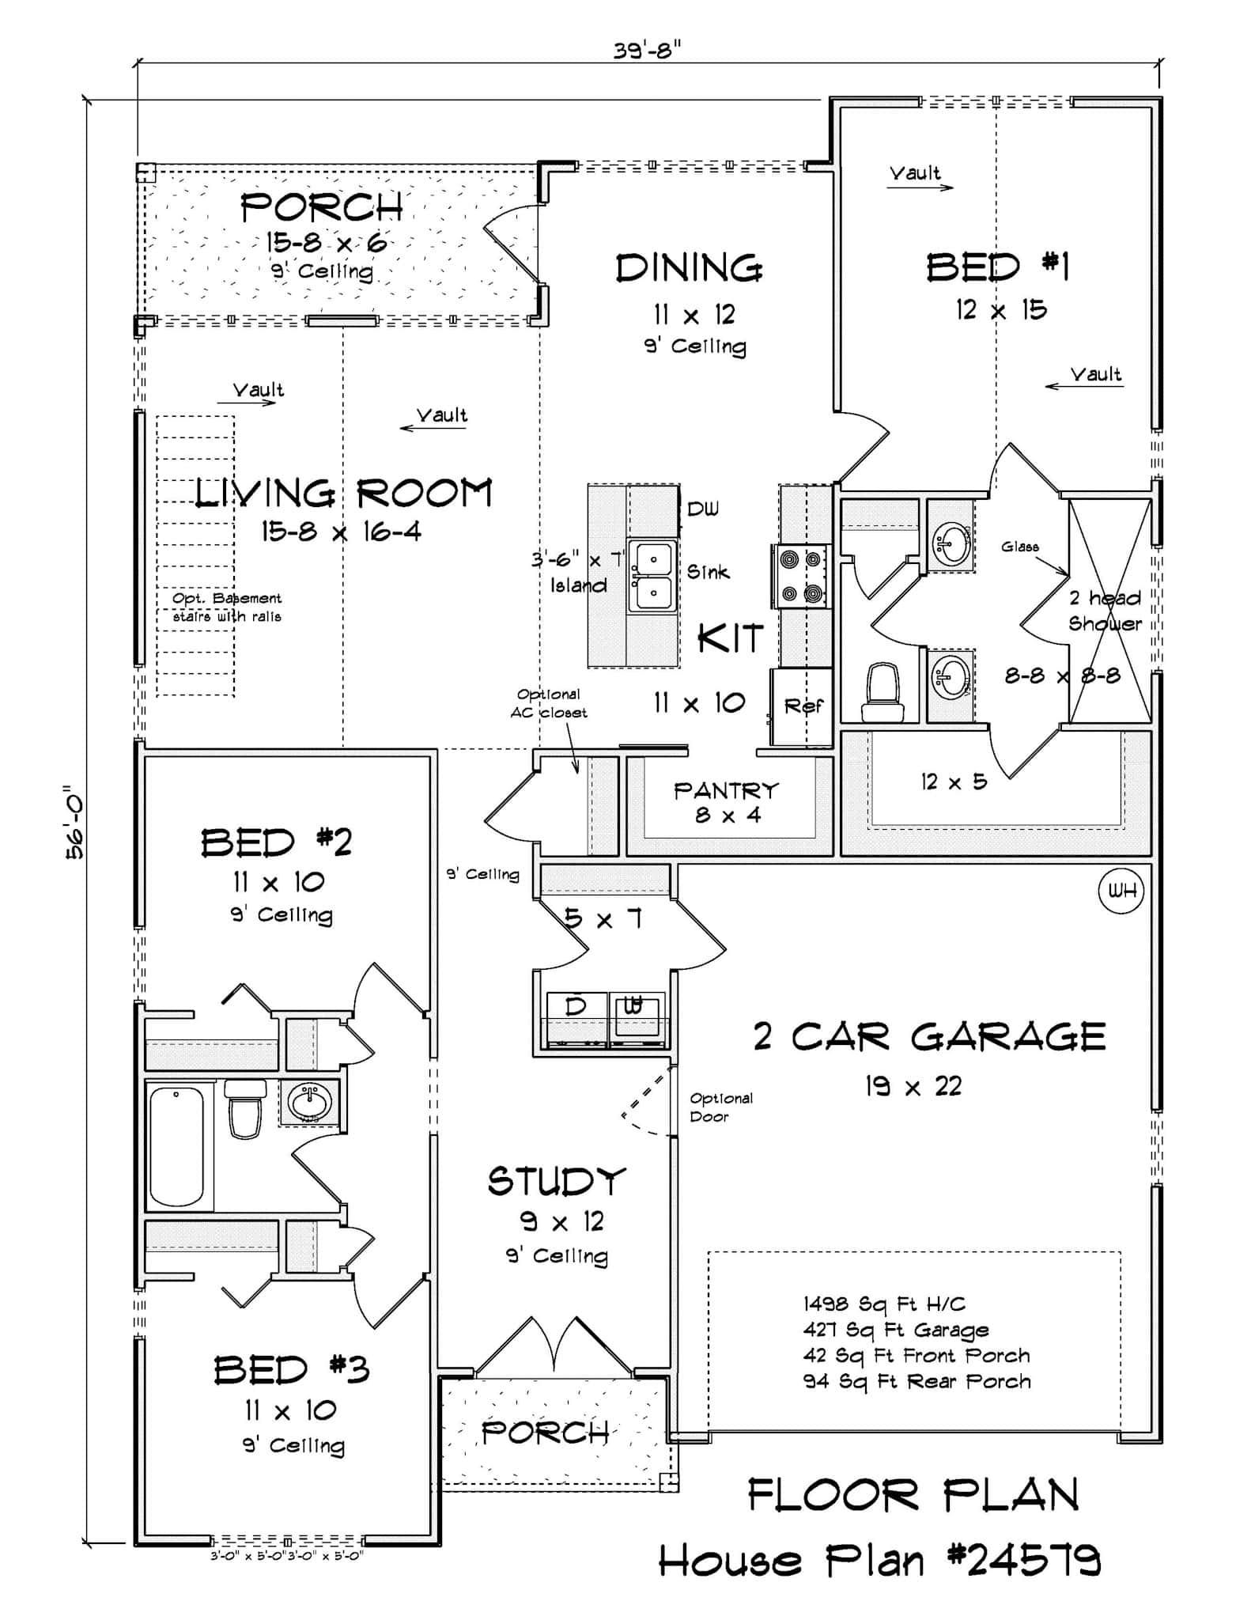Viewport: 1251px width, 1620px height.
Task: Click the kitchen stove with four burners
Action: click(802, 576)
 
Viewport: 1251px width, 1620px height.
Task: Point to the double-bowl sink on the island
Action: click(652, 577)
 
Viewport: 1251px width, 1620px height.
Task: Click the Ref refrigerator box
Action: click(802, 706)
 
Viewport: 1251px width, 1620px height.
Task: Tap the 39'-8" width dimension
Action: click(647, 51)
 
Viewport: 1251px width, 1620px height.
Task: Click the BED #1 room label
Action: click(998, 267)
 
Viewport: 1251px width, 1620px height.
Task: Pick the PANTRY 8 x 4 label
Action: click(726, 801)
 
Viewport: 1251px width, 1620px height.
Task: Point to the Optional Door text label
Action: click(720, 1107)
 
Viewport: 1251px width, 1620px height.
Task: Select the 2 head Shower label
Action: click(1105, 611)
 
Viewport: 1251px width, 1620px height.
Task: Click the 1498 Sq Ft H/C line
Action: click(883, 1304)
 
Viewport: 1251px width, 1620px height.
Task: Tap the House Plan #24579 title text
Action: click(879, 1561)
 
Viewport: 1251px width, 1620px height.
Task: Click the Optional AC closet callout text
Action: click(548, 703)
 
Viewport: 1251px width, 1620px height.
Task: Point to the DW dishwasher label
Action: click(703, 509)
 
